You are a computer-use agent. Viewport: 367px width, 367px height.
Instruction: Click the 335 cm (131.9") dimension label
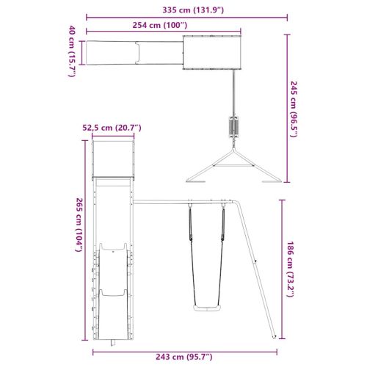click(193, 10)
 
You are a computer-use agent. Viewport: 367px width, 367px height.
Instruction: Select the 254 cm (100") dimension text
click(160, 25)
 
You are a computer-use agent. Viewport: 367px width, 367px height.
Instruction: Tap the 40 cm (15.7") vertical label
click(72, 51)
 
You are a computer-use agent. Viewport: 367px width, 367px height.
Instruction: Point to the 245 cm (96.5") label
click(294, 109)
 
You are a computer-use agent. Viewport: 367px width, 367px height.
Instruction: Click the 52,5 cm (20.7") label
click(112, 128)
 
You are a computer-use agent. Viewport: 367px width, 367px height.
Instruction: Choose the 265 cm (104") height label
click(79, 225)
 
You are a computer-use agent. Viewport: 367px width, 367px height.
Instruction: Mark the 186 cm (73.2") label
click(290, 269)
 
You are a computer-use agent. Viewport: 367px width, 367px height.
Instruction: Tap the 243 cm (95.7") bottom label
click(184, 357)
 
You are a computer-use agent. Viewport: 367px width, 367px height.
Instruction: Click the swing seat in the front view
click(207, 308)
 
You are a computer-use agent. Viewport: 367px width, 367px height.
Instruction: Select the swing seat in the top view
click(233, 126)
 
